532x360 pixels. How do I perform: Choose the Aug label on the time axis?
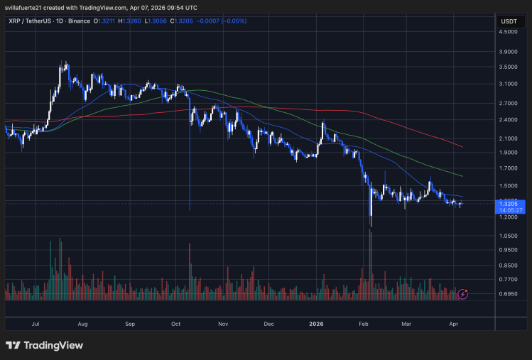pyautogui.click(x=82, y=323)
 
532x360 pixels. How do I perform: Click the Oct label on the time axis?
pyautogui.click(x=176, y=323)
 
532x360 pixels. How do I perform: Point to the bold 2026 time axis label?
pyautogui.click(x=316, y=323)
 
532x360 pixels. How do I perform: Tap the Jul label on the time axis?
pyautogui.click(x=36, y=323)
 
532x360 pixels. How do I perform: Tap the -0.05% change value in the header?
pyautogui.click(x=234, y=21)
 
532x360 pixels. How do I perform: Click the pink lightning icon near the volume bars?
pyautogui.click(x=463, y=293)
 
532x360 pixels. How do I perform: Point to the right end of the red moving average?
pyautogui.click(x=463, y=147)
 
